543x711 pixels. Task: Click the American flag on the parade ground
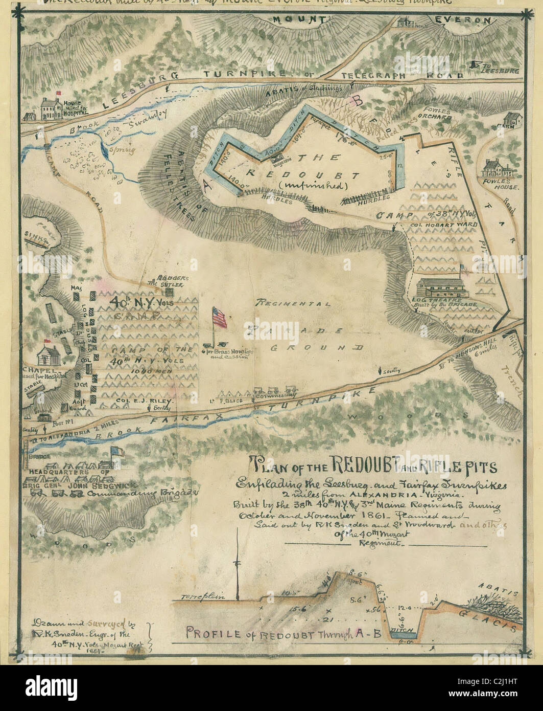(219, 318)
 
